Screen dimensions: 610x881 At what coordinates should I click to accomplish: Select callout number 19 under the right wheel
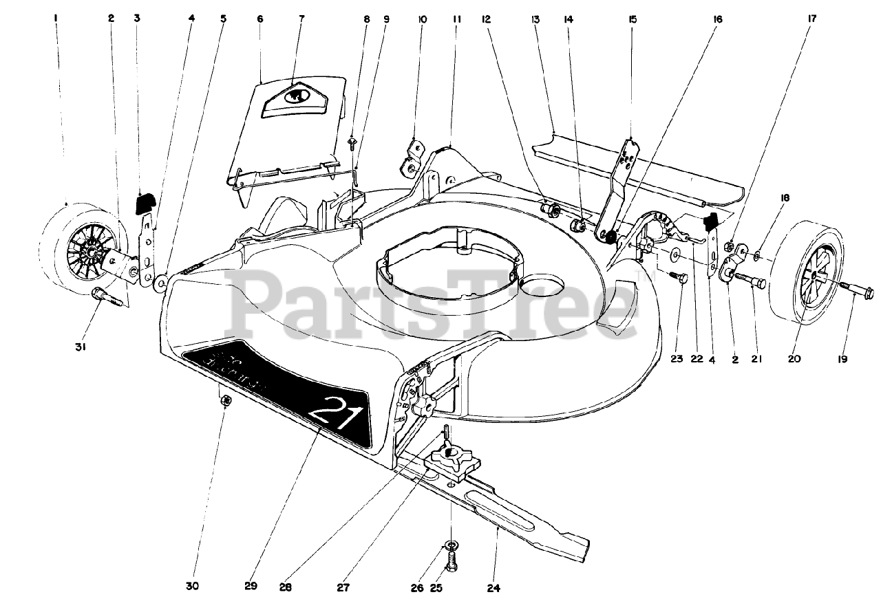point(842,358)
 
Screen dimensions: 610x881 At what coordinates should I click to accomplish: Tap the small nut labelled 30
point(224,402)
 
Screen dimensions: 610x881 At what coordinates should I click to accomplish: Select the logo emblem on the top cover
point(299,96)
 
